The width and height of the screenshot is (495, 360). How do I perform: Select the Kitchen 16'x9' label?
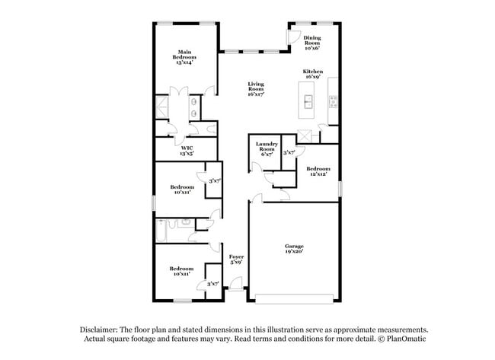coord(313,73)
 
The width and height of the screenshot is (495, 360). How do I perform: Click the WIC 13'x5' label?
coord(187,150)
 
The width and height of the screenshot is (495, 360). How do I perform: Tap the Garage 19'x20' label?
coord(294,249)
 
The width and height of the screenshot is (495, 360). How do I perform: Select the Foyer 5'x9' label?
coord(236,260)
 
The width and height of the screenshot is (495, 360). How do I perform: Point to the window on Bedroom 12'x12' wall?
coord(340,186)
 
